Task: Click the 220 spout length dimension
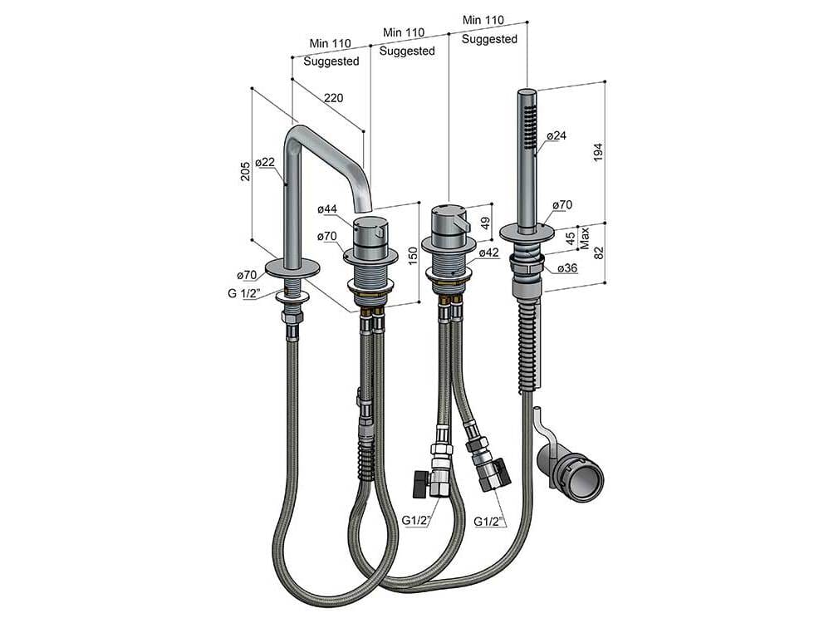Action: [x=334, y=98]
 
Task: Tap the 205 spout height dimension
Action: [x=245, y=171]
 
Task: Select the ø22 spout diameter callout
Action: [x=265, y=162]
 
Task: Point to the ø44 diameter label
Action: [x=327, y=209]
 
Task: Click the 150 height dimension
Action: [x=413, y=255]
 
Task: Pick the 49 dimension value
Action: [x=486, y=223]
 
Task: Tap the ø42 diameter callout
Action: [x=488, y=253]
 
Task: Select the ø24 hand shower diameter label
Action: [x=556, y=135]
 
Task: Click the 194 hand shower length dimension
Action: [x=598, y=152]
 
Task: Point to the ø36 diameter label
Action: [x=567, y=268]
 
